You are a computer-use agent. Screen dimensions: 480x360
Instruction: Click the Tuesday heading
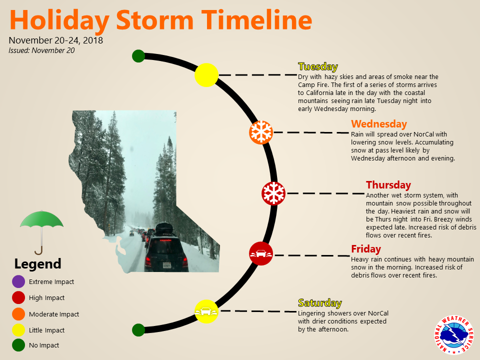point(318,66)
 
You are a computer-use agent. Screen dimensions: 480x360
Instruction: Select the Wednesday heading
point(379,124)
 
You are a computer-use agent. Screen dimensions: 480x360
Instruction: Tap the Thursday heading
point(388,185)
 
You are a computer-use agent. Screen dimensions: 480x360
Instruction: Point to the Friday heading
point(366,249)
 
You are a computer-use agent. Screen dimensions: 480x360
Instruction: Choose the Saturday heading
point(320,303)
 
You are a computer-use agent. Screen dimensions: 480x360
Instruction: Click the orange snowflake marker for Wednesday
point(261,132)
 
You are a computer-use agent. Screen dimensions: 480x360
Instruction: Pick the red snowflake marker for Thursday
point(273,193)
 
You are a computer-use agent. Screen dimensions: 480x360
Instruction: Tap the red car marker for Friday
point(261,253)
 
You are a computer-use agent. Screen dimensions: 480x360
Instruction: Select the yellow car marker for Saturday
point(206,311)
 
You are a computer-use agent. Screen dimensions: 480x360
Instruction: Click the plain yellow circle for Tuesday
point(206,75)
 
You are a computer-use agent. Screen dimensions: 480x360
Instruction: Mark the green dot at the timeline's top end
point(138,56)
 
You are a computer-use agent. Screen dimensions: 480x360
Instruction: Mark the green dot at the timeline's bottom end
point(138,330)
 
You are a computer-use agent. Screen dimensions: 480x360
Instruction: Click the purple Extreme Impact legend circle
point(18,281)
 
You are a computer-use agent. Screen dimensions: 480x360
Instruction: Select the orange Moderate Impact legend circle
point(18,314)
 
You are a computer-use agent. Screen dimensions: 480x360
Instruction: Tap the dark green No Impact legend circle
point(18,345)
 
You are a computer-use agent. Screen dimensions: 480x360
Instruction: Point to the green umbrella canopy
point(41,219)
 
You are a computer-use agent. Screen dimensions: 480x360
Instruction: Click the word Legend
point(37,264)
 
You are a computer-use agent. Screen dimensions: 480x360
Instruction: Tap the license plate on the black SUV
point(167,265)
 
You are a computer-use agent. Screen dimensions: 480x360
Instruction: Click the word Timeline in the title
point(256,20)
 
